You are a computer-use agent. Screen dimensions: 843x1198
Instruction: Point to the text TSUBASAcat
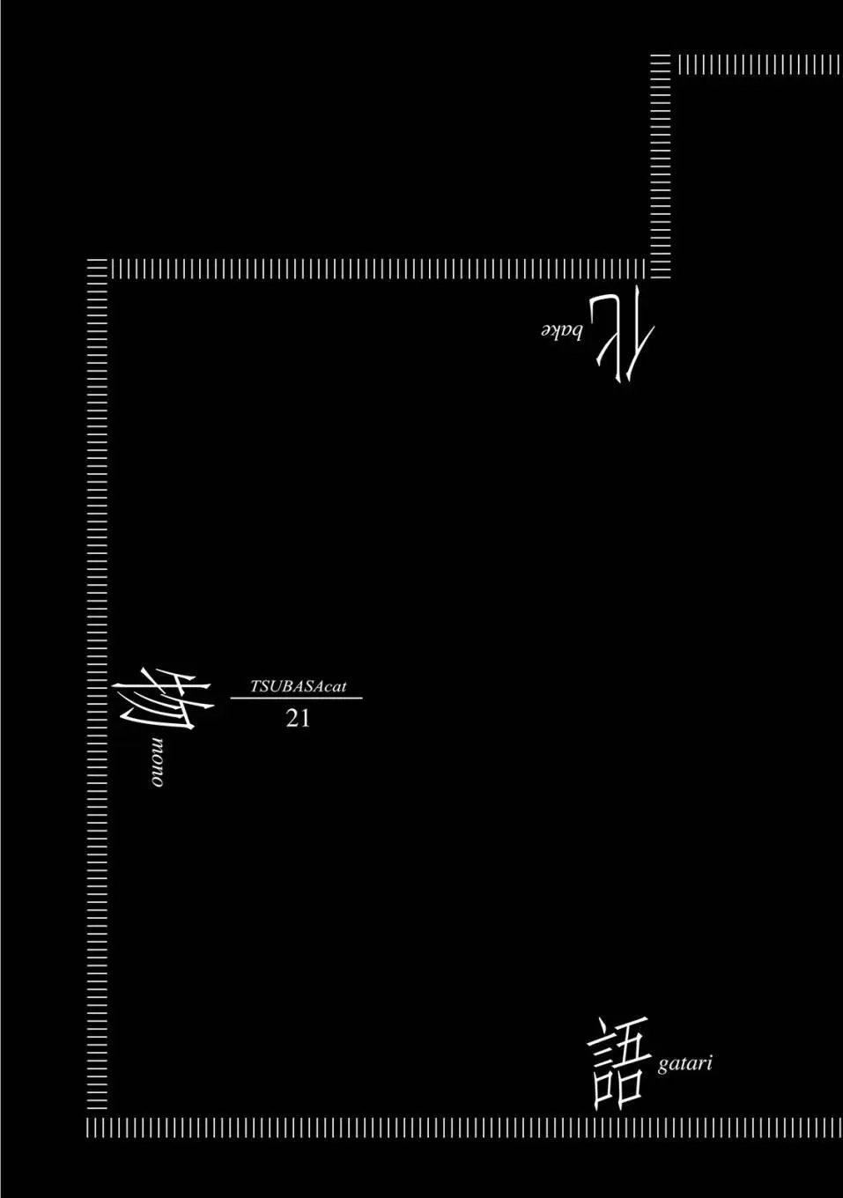(299, 687)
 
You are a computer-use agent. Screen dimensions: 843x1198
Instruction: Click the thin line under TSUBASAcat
(296, 698)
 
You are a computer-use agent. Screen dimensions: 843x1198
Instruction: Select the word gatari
(685, 1063)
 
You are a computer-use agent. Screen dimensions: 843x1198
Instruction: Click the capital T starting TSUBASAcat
(255, 687)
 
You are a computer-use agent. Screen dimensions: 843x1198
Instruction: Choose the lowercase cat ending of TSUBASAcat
(336, 688)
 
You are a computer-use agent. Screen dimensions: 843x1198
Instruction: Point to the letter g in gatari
(663, 1066)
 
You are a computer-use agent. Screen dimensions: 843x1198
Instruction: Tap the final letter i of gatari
(710, 1062)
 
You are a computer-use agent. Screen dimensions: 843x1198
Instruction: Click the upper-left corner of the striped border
(98, 269)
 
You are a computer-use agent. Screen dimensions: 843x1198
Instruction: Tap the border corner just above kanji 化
(660, 269)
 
